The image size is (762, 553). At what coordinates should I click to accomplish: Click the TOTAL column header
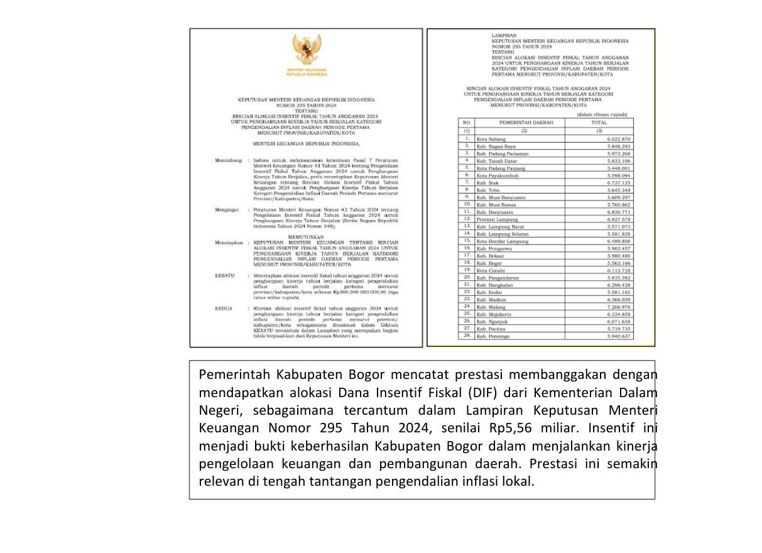[599, 123]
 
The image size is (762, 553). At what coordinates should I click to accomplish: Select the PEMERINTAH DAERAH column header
[526, 123]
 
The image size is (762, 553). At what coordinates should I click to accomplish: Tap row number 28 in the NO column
[467, 336]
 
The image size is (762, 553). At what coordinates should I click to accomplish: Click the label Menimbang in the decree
[229, 161]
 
